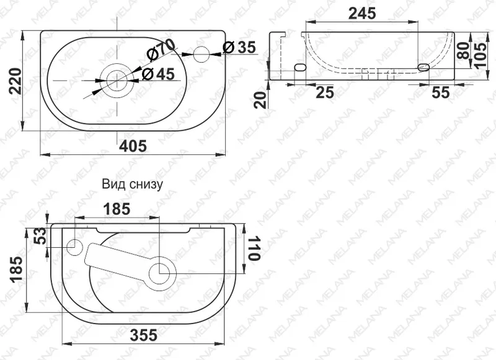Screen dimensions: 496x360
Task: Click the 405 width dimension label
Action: (x=133, y=146)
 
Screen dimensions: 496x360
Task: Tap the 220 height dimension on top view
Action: (x=15, y=81)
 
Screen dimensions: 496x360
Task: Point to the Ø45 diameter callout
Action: (x=158, y=74)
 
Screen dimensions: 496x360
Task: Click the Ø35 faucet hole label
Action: (x=239, y=48)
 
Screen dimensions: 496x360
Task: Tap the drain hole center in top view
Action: (x=117, y=81)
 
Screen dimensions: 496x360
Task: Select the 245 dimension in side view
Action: (x=362, y=13)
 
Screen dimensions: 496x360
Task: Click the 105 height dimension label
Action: (x=481, y=55)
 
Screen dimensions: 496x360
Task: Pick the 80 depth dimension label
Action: (x=464, y=51)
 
